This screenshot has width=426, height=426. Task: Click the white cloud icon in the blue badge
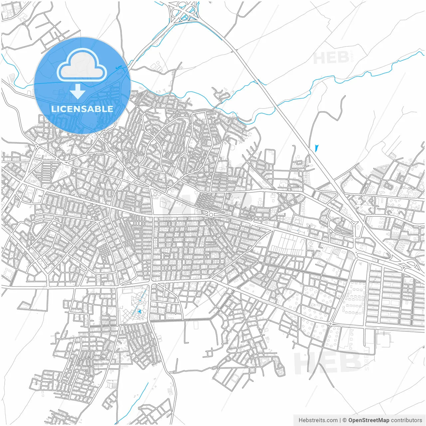pyautogui.click(x=82, y=65)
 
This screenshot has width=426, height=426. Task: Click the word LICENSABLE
pyautogui.click(x=82, y=109)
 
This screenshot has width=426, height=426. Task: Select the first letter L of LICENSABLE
pyautogui.click(x=53, y=109)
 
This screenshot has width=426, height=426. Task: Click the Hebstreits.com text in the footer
pyautogui.click(x=318, y=420)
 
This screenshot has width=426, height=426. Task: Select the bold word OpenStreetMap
pyautogui.click(x=369, y=420)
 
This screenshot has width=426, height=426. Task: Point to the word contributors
pyautogui.click(x=406, y=420)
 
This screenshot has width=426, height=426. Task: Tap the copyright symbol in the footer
pyautogui.click(x=345, y=420)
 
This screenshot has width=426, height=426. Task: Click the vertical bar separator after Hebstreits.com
pyautogui.click(x=340, y=420)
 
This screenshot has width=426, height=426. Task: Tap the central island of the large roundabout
pyautogui.click(x=211, y=215)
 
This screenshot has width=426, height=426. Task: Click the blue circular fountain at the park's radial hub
pyautogui.click(x=140, y=301)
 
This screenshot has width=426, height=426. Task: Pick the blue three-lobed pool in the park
pyautogui.click(x=140, y=312)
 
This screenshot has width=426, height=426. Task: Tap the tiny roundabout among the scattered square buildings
pyautogui.click(x=330, y=323)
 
